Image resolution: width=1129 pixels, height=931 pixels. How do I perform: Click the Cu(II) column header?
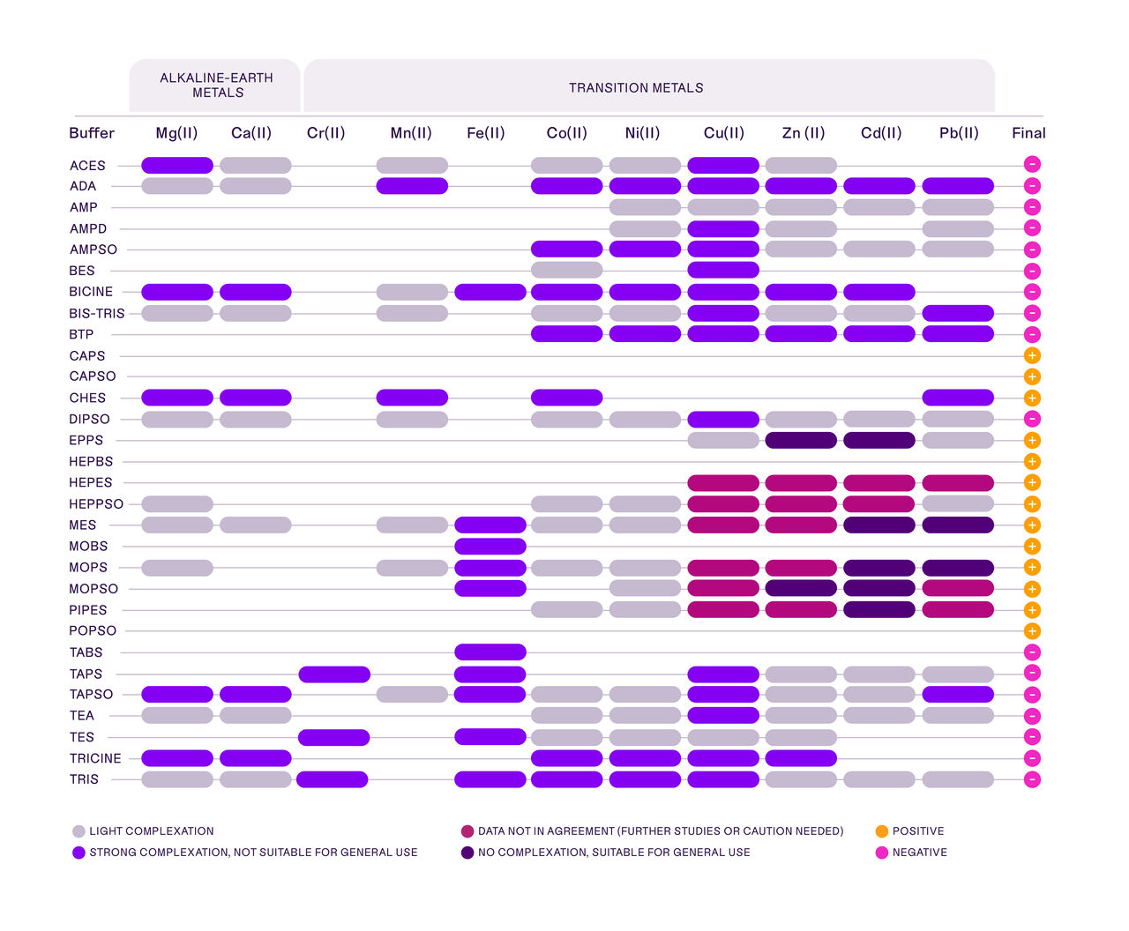tap(723, 133)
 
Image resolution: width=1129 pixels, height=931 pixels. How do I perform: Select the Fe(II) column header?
tap(485, 133)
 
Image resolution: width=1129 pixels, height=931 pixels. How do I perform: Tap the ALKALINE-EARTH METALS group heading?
tap(216, 86)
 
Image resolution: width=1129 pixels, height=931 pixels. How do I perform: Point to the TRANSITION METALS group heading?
tap(636, 88)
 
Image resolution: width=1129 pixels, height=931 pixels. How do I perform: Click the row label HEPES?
tap(91, 483)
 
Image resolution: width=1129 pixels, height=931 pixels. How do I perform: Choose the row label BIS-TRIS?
tap(97, 314)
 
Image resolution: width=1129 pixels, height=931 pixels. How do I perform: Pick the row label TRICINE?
tap(95, 758)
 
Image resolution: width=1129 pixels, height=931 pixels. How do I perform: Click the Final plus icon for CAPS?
tap(1032, 356)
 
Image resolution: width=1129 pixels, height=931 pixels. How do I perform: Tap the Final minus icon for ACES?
tap(1032, 164)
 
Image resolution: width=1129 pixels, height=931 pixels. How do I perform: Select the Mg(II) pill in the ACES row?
tap(177, 165)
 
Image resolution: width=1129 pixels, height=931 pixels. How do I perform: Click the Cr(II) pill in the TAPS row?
tap(334, 674)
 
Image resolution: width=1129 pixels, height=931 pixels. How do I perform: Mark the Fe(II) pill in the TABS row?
tap(490, 652)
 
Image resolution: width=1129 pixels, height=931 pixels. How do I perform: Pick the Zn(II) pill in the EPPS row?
tap(801, 441)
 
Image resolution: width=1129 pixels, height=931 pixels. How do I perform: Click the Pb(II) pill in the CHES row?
tap(958, 398)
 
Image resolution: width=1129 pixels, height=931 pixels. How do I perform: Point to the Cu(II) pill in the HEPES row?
tap(723, 483)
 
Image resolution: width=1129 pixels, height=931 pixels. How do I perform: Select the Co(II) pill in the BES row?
tap(566, 270)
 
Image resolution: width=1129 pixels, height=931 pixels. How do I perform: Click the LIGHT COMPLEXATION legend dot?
tap(79, 831)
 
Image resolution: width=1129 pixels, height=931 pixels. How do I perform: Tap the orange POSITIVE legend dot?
tap(881, 831)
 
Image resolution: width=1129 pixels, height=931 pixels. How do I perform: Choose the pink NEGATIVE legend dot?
tap(881, 853)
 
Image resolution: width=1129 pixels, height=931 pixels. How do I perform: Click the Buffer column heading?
tap(92, 133)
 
